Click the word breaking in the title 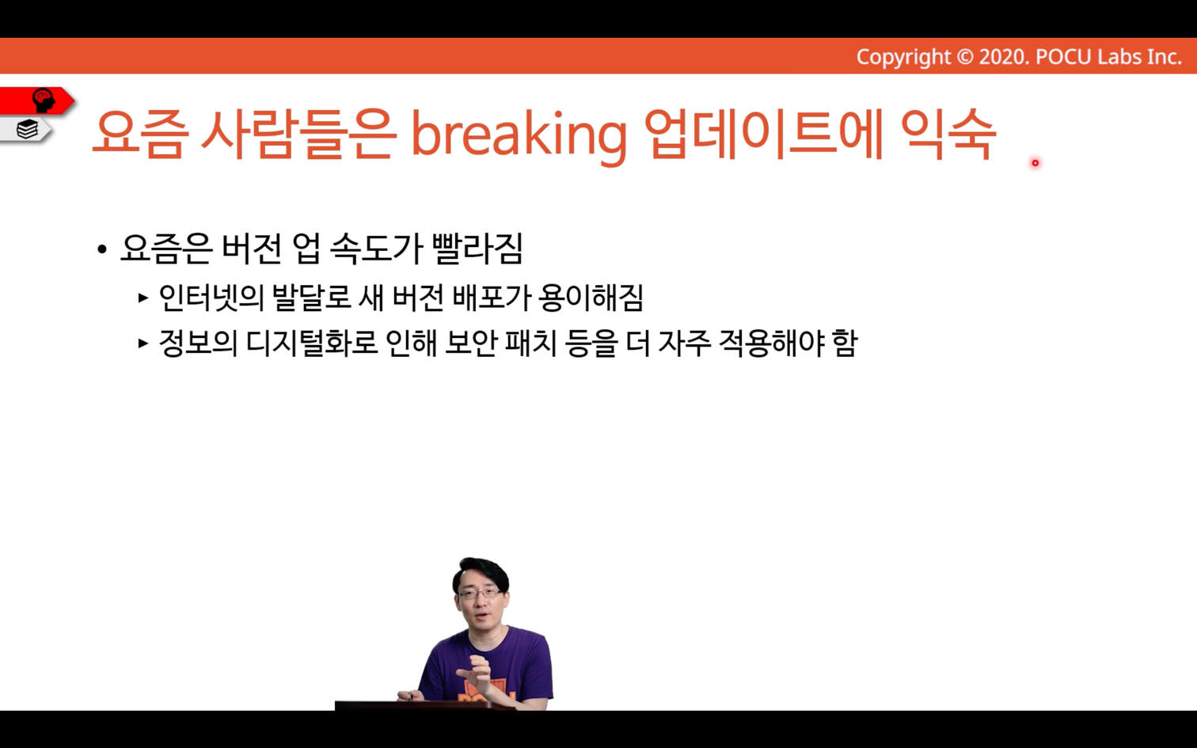point(519,135)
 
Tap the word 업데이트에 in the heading point(764,134)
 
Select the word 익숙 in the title point(948,134)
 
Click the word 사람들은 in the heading point(298,134)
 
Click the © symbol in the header point(964,57)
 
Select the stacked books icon point(27,129)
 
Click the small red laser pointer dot point(1035,163)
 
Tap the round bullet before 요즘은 point(102,249)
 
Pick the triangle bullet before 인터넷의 point(143,298)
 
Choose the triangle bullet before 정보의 point(143,343)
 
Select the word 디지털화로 point(312,343)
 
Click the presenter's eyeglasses point(480,593)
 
